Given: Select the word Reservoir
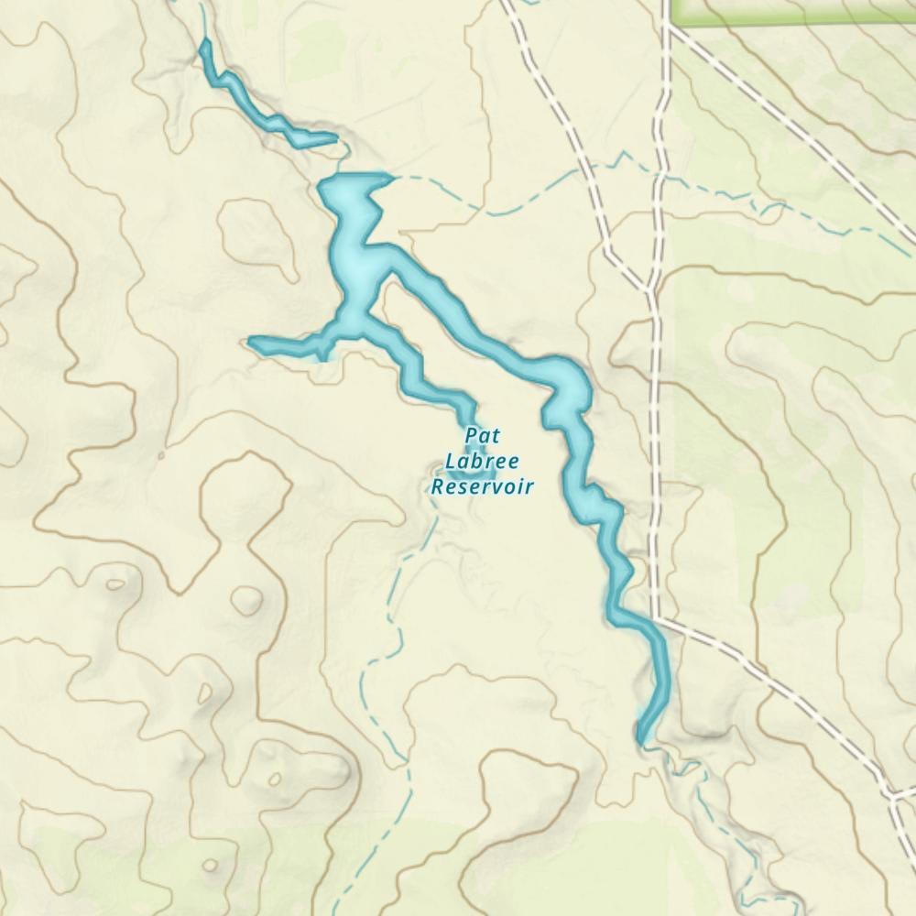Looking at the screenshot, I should tap(482, 485).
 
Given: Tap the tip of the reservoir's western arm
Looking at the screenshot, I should tap(252, 343).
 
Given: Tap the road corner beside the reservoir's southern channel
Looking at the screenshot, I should tap(656, 618).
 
